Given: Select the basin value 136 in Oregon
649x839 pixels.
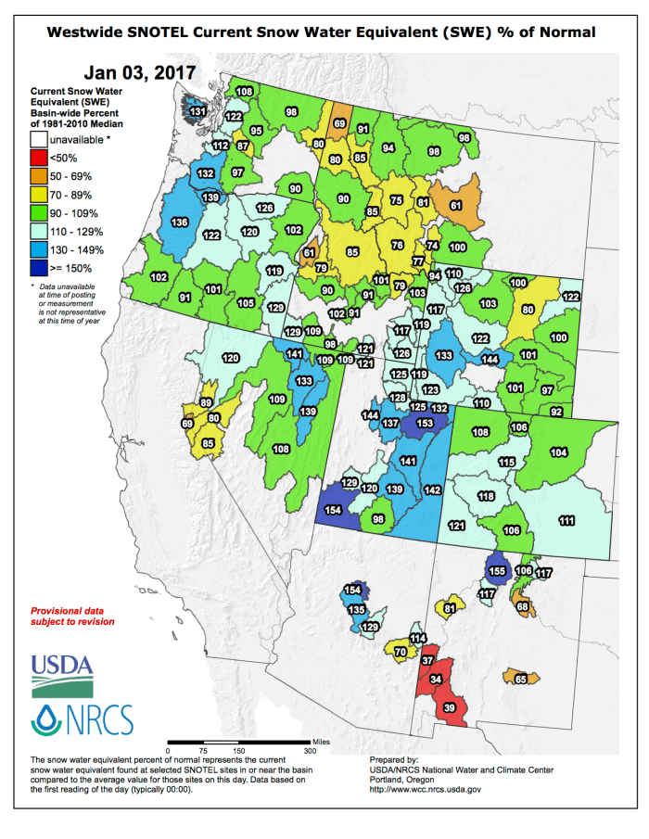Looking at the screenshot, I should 181,222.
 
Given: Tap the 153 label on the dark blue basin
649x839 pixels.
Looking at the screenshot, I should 425,423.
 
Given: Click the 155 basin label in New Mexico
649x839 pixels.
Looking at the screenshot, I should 497,571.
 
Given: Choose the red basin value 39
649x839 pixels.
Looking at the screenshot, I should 450,708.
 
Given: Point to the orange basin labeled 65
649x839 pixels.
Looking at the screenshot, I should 520,679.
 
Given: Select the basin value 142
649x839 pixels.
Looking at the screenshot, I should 432,489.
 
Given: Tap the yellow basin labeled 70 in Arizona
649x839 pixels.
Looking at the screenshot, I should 401,653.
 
